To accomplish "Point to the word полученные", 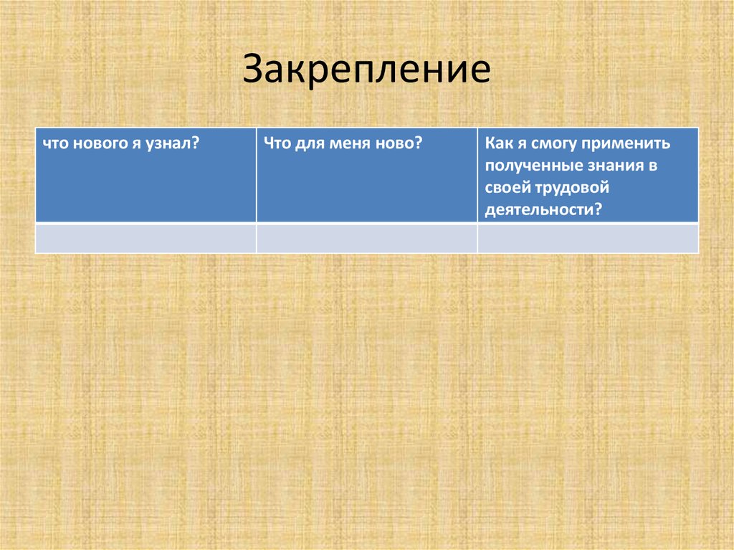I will click(528, 166).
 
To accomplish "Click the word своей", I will click(505, 188).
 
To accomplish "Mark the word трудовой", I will click(570, 188).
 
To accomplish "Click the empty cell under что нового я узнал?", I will click(146, 237).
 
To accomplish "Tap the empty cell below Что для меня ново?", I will click(366, 237).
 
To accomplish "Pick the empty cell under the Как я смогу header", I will click(588, 237).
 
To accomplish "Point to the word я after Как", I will click(519, 144).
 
